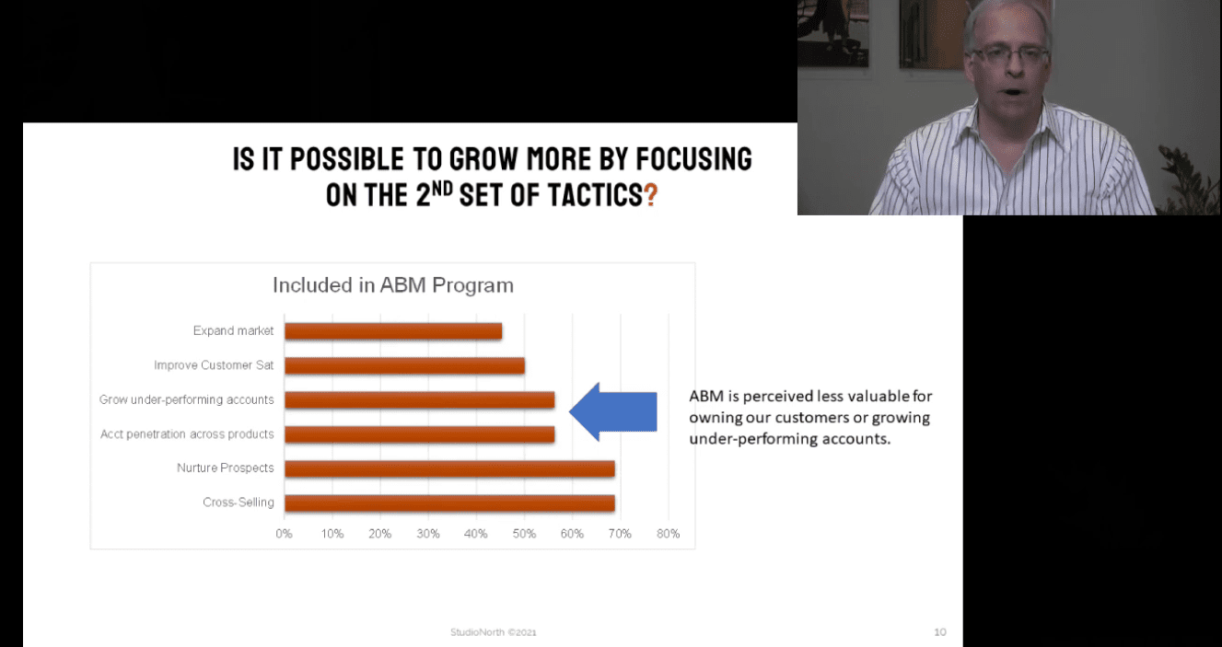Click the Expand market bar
click(393, 330)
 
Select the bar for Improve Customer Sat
click(405, 365)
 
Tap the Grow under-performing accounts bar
click(420, 399)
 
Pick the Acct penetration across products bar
click(420, 433)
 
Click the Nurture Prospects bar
click(449, 468)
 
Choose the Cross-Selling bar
click(449, 503)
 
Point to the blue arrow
click(613, 411)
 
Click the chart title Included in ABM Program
click(393, 285)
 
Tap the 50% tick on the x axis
click(524, 534)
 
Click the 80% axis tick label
click(668, 534)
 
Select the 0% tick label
click(284, 534)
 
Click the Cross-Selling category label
click(239, 502)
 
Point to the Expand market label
click(234, 330)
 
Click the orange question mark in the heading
click(651, 194)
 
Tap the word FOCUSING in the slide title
click(694, 158)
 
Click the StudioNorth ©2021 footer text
click(494, 632)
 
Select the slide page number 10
click(940, 632)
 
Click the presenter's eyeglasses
click(1010, 54)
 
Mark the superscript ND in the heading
click(442, 189)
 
